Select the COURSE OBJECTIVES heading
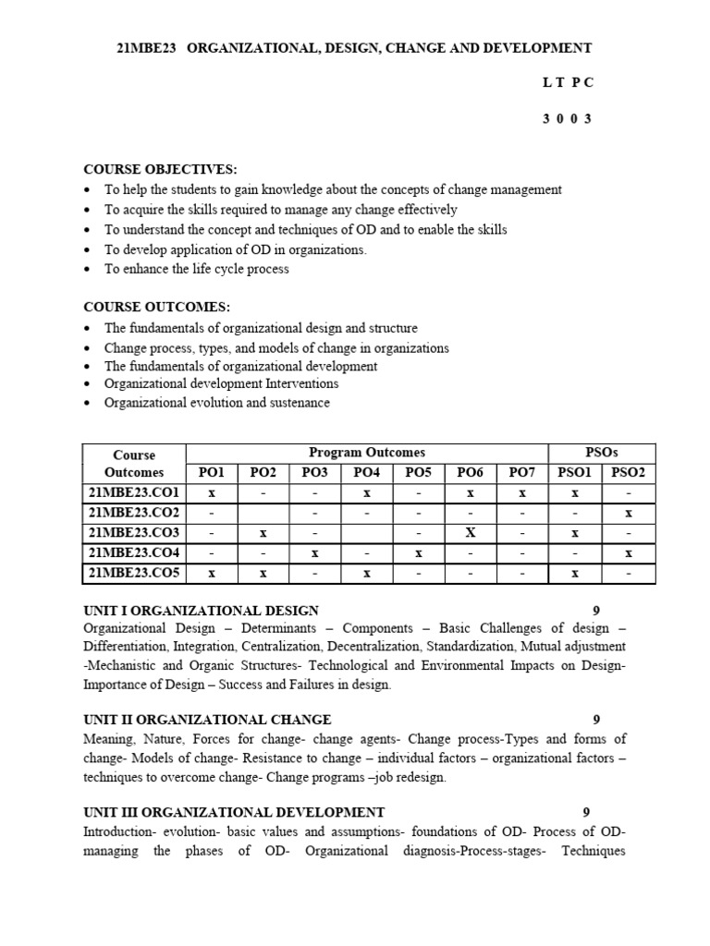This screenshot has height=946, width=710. pyautogui.click(x=160, y=169)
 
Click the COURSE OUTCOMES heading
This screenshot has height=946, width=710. pyautogui.click(x=156, y=307)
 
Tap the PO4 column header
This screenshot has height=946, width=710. pyautogui.click(x=367, y=473)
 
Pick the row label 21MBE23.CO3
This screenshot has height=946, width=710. pyautogui.click(x=134, y=533)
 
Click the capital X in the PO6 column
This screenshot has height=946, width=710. pyautogui.click(x=471, y=533)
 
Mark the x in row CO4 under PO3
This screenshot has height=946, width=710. pyautogui.click(x=315, y=553)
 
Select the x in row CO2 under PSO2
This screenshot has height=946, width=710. pyautogui.click(x=629, y=513)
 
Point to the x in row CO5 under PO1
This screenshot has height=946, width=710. pyautogui.click(x=212, y=574)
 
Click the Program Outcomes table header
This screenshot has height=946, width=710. pyautogui.click(x=367, y=453)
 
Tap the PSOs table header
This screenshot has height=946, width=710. pyautogui.click(x=602, y=453)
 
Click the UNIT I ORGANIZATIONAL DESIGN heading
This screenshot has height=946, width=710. pyautogui.click(x=201, y=611)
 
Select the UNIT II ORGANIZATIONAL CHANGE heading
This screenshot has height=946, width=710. pyautogui.click(x=207, y=720)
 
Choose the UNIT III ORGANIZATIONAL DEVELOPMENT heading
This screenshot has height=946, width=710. pyautogui.click(x=234, y=812)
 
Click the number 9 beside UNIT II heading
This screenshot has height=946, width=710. pyautogui.click(x=596, y=720)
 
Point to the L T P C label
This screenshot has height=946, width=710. pyautogui.click(x=568, y=82)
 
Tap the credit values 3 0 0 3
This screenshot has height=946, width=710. pyautogui.click(x=568, y=119)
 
